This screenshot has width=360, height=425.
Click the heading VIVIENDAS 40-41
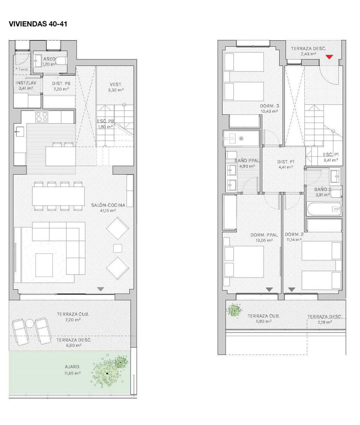tap(38, 24)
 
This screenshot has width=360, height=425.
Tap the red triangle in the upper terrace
tap(329, 57)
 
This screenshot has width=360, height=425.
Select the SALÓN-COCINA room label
tap(108, 205)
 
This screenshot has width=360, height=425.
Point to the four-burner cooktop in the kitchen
tap(41, 117)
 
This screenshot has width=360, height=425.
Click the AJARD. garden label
tap(72, 367)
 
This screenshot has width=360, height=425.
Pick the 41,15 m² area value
tap(108, 210)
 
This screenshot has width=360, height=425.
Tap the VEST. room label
tap(116, 84)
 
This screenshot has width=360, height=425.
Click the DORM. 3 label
tap(269, 106)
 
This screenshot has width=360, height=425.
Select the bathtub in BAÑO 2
tap(324, 209)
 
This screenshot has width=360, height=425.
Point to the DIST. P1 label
tap(286, 162)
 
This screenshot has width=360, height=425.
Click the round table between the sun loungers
tap(30, 324)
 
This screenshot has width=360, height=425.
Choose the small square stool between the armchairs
tap(118, 248)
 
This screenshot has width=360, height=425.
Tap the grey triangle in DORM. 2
tap(292, 289)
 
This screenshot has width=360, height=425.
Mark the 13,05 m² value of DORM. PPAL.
tap(264, 240)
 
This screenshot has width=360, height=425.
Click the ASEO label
tap(49, 59)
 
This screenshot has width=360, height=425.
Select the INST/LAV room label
tap(26, 83)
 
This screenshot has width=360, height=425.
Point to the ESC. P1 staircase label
tap(331, 154)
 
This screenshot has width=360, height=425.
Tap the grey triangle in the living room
tap(100, 289)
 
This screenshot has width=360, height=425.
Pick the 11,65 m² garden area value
tap(72, 373)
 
